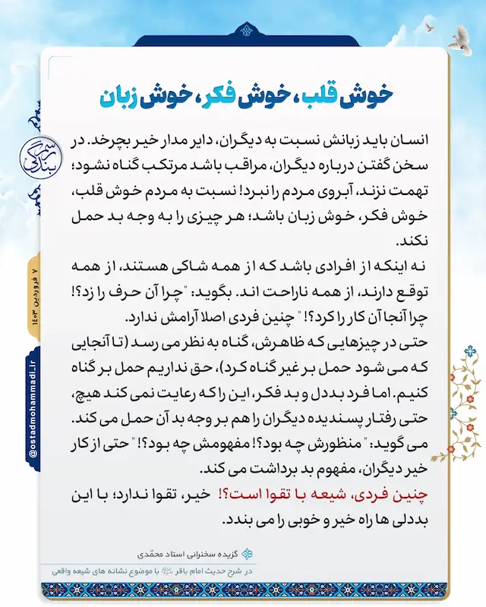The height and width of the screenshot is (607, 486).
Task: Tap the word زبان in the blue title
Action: (x=122, y=98)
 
